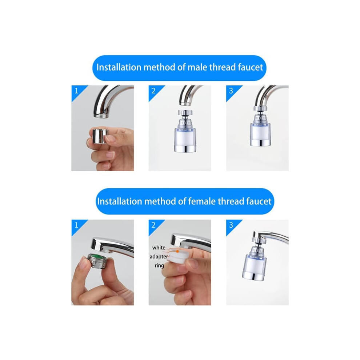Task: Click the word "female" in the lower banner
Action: [201, 201]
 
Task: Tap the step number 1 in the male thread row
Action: [77, 91]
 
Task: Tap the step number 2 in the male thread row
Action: [153, 91]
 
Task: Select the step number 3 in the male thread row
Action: [231, 91]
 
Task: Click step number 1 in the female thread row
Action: [77, 225]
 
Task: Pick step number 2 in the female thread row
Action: [153, 225]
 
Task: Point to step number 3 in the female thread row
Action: [231, 225]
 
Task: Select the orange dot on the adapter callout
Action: [177, 251]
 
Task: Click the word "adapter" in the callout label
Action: [159, 256]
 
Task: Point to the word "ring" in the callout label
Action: [159, 265]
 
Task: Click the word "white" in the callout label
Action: [159, 248]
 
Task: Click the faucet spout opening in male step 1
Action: [101, 116]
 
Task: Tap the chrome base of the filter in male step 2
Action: [185, 148]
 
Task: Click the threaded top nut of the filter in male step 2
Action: [185, 112]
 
